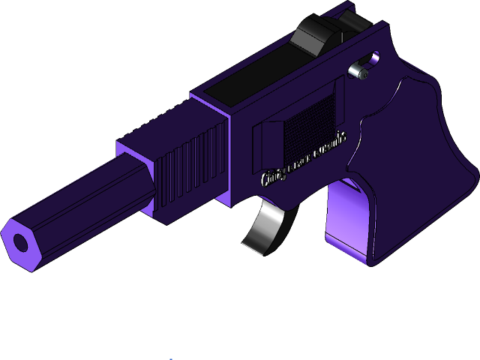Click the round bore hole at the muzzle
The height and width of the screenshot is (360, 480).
pyautogui.click(x=21, y=243)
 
